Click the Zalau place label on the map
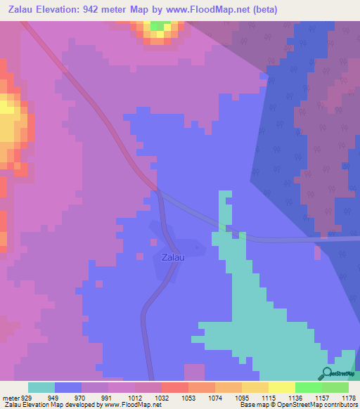pos(173,257)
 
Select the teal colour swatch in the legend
pos(41,387)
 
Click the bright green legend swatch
pos(309,387)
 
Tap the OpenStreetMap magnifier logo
pos(328,373)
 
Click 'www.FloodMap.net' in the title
pos(205,10)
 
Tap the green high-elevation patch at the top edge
pos(161,26)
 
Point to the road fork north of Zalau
pos(159,190)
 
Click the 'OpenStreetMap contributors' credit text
pos(310,405)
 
